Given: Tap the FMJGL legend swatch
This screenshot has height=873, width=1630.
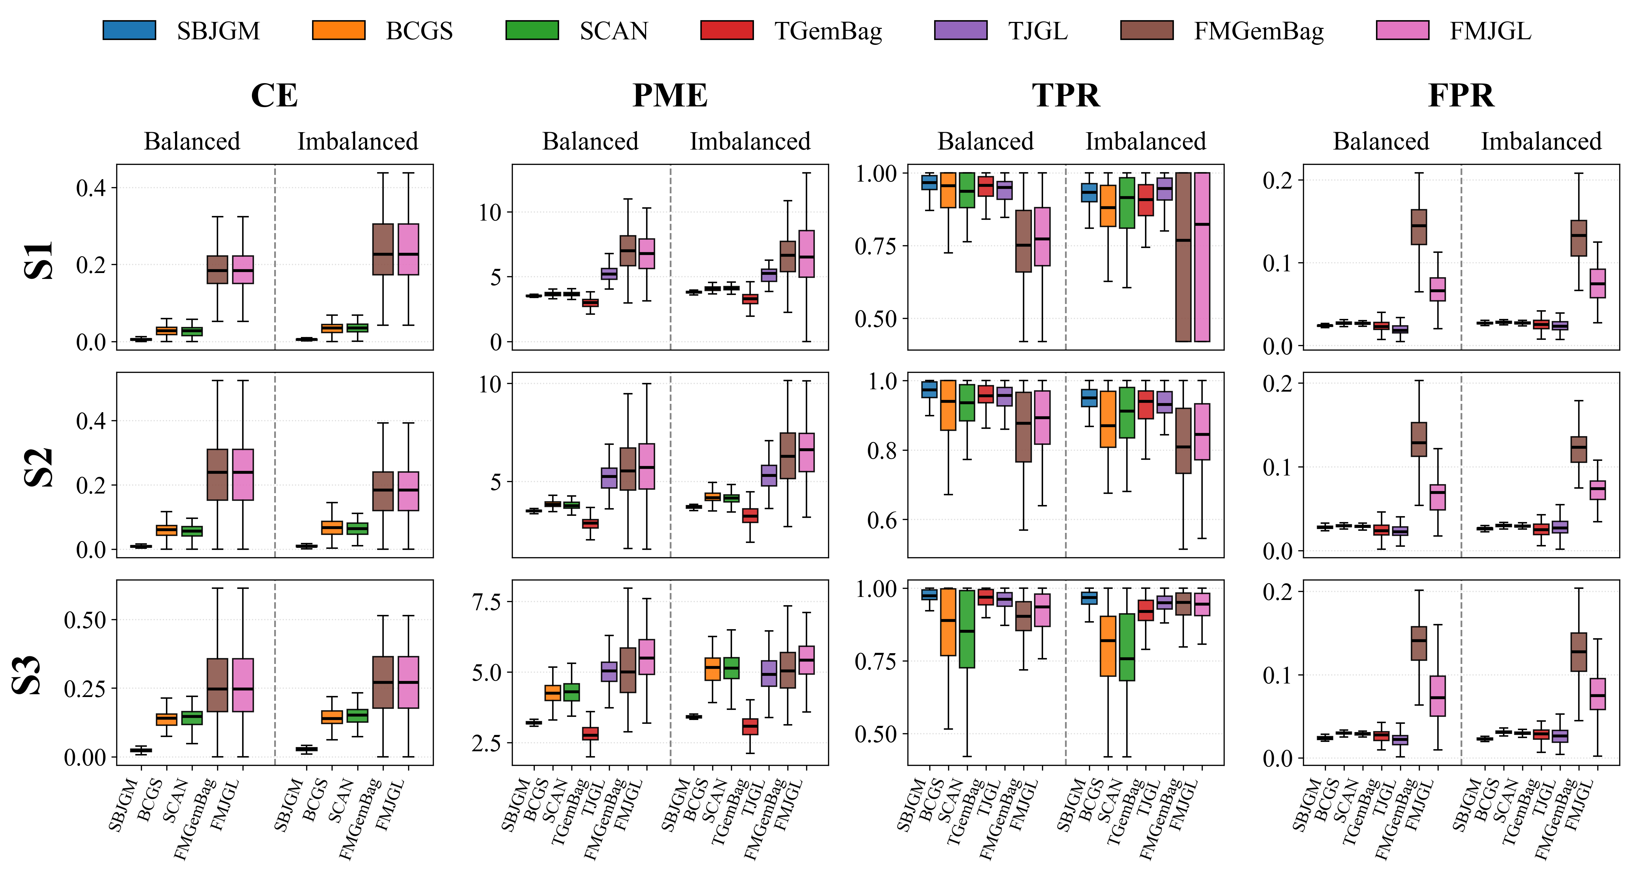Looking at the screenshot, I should coord(1402,30).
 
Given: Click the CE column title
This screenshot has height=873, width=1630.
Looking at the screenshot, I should coord(274,96).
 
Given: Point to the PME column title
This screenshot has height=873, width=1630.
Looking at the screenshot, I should coord(670,96).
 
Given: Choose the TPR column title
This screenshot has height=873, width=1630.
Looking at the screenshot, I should coord(1066,96).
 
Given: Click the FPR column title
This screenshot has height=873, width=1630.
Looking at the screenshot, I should coord(1461,96).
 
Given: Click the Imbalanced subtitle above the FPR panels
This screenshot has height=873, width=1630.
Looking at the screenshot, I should coord(1541,141).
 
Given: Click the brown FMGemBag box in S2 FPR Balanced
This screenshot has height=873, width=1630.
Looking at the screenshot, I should coord(1419,439).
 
